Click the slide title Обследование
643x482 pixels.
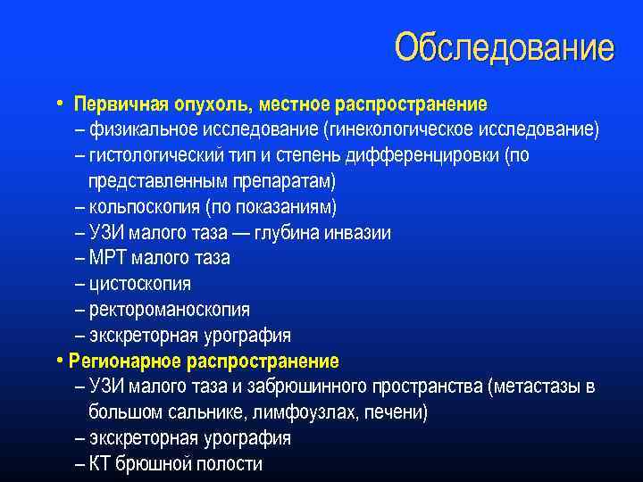[505, 47]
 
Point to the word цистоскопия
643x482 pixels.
[139, 285]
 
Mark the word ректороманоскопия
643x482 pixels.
[169, 311]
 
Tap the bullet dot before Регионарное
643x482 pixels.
[59, 361]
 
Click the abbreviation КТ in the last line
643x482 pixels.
[100, 464]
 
